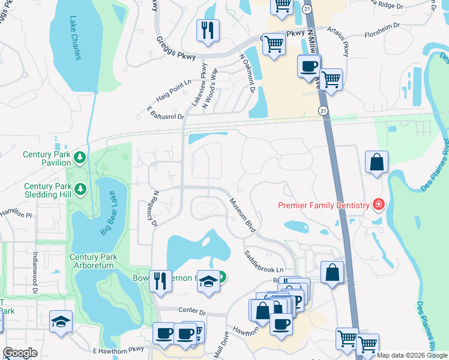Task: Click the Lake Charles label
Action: click(x=75, y=38)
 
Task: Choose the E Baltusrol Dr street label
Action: click(x=165, y=112)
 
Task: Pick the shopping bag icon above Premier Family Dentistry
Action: click(x=376, y=161)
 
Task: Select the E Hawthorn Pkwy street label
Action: click(x=119, y=349)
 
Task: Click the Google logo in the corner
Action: click(x=20, y=353)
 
